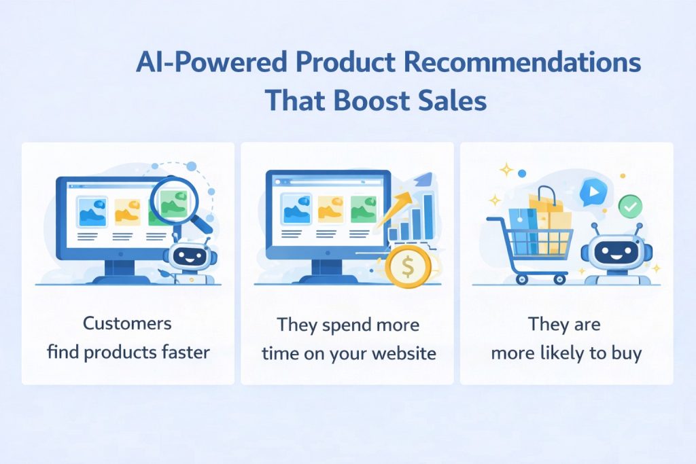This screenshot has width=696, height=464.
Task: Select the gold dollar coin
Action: [408, 267]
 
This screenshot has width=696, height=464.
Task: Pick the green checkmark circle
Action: [629, 204]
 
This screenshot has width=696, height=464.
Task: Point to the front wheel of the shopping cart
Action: [560, 278]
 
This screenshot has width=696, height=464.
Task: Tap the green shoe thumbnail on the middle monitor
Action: [364, 209]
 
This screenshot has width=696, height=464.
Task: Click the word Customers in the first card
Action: [127, 323]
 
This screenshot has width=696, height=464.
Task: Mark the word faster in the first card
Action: [186, 354]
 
